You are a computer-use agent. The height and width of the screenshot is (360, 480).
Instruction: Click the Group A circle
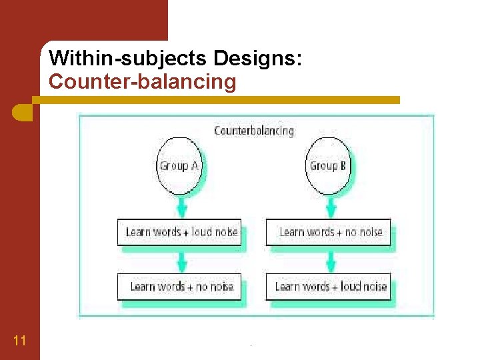[179, 165]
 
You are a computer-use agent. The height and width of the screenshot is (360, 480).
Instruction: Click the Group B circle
[329, 165]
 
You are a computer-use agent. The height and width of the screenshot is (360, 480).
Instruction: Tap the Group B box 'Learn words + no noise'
[329, 232]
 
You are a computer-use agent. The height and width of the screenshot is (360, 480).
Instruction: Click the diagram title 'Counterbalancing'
[254, 131]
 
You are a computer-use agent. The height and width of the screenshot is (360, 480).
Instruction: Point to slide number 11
[19, 341]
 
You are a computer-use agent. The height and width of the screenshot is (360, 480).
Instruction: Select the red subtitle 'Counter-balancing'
[143, 82]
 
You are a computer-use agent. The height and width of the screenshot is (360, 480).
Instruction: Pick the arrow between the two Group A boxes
[179, 259]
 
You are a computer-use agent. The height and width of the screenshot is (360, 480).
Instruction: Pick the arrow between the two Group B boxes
[329, 259]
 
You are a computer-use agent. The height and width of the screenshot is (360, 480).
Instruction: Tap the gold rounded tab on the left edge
[22, 111]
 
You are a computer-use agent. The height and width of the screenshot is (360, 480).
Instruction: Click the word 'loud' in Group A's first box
[201, 232]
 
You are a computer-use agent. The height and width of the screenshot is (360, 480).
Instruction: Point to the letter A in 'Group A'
[195, 166]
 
